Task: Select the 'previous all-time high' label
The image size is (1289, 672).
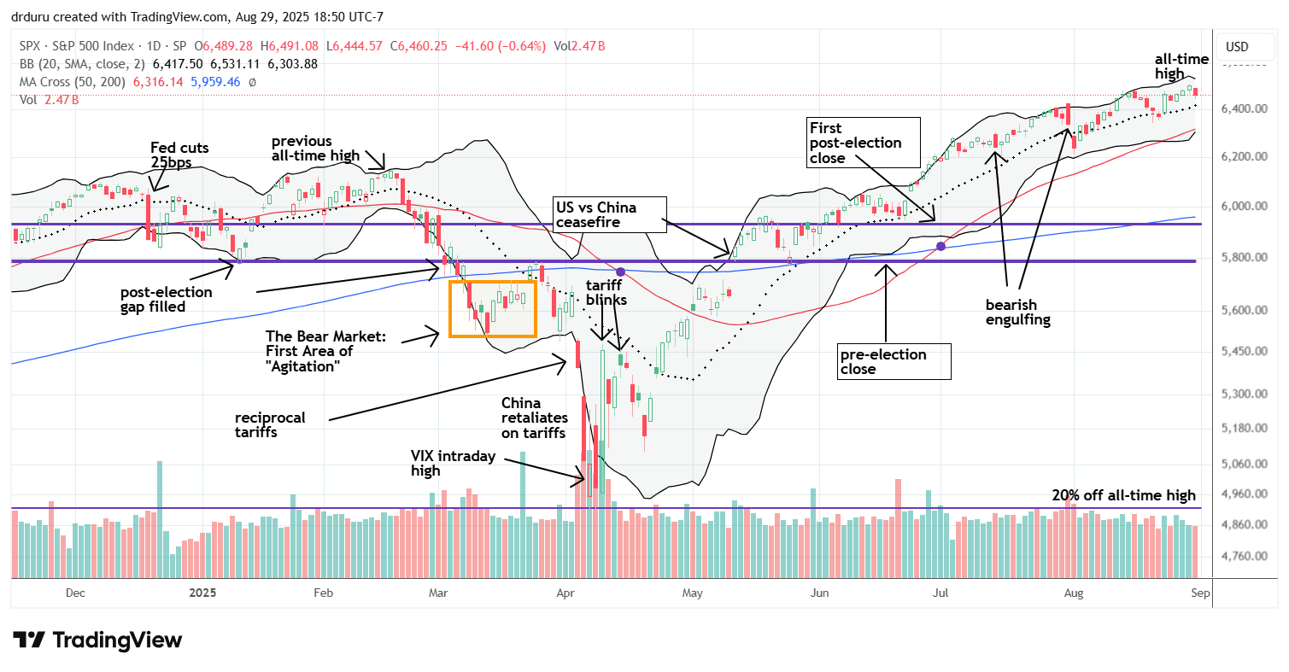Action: tap(313, 149)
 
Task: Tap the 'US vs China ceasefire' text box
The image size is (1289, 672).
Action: tap(606, 214)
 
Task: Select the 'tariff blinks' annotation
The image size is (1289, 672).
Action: tap(606, 293)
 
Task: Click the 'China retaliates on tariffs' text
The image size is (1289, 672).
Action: tap(533, 418)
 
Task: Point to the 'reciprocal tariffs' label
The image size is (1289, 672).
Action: tap(270, 425)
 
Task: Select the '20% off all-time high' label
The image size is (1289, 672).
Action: tap(1124, 495)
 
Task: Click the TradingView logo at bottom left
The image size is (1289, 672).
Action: tap(97, 640)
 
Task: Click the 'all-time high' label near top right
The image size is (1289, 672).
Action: tap(1183, 67)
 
